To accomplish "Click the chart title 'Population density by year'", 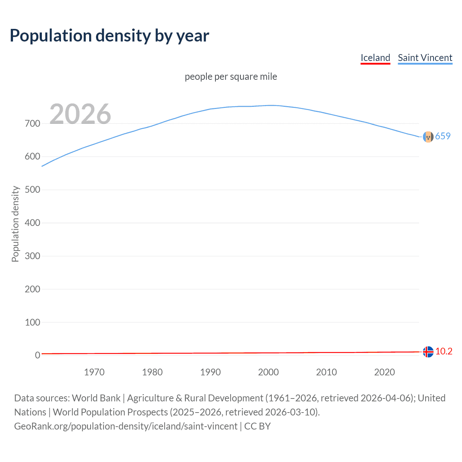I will click(109, 35).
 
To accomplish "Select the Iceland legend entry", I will click(375, 58).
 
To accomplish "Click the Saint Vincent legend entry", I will click(425, 58).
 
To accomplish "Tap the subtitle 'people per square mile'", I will click(231, 77).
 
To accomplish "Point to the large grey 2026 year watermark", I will click(80, 114).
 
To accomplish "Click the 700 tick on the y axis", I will click(32, 123).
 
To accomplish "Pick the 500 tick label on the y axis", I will click(32, 190).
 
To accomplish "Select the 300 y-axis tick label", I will click(32, 256).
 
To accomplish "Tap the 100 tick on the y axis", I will click(32, 322).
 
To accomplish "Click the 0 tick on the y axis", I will click(37, 355).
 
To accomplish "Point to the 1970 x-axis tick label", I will click(94, 372).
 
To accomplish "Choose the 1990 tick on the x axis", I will click(210, 372).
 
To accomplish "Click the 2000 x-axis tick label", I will click(269, 372).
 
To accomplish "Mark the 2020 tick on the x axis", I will click(384, 372).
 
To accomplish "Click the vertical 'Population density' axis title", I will click(15, 224).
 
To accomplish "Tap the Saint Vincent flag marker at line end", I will click(428, 137).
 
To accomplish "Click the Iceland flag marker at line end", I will click(428, 352).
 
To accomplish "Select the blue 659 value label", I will click(443, 136).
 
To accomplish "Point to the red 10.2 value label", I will click(444, 351).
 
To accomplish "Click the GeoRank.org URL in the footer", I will click(126, 426).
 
